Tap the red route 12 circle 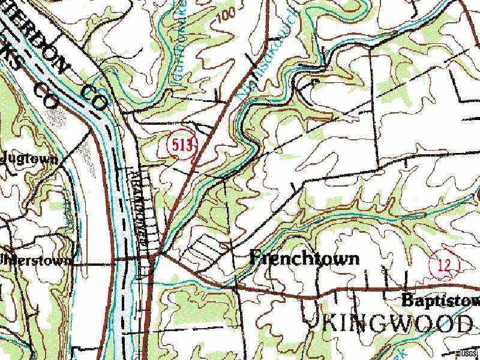443,265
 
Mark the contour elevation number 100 224,16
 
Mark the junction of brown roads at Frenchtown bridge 158,257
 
